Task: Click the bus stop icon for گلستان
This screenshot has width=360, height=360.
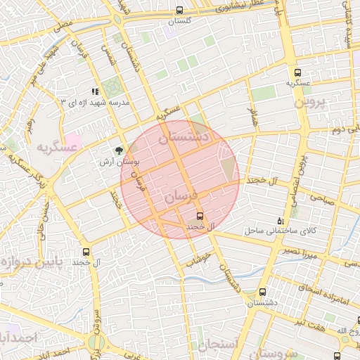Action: [x=181, y=11]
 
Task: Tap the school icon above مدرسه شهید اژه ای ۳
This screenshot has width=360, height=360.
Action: [x=95, y=91]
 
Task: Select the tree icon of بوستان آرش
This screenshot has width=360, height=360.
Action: [x=119, y=150]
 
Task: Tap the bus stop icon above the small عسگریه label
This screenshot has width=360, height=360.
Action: [x=298, y=72]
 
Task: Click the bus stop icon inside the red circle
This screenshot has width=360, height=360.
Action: [x=200, y=215]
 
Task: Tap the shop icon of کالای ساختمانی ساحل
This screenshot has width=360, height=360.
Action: [x=281, y=221]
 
